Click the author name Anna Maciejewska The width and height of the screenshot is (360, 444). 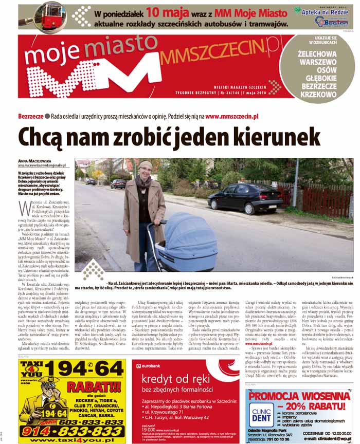click(x=39, y=161)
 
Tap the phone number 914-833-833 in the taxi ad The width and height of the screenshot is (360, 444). click(x=72, y=431)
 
